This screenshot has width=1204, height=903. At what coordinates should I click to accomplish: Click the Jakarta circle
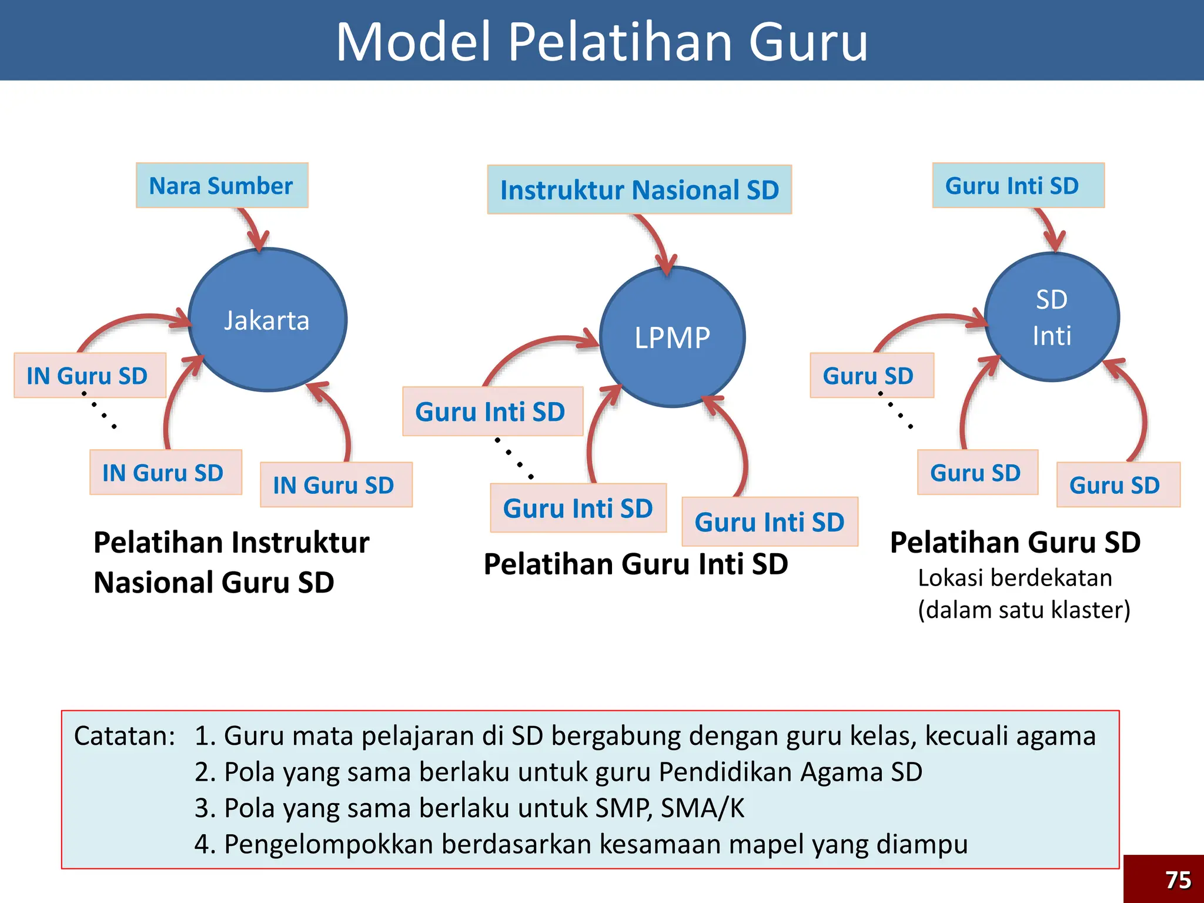point(267,320)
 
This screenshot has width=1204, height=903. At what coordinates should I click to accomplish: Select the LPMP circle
point(672,337)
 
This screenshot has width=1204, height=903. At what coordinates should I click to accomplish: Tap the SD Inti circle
point(1052,317)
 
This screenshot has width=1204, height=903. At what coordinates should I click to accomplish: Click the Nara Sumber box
point(222,186)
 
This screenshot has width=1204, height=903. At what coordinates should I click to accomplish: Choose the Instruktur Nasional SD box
point(640,190)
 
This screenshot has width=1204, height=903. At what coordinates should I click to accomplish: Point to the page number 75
point(1178,880)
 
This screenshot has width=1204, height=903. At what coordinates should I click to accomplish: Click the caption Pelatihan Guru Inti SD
point(636,564)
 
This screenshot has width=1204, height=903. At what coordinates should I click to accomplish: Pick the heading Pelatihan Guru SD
point(1015,542)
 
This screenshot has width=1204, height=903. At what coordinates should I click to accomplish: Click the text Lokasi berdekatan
point(1015,578)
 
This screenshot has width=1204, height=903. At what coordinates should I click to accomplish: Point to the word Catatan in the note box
point(125,736)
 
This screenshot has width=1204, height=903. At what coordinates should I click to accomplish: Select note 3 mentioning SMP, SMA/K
point(469,808)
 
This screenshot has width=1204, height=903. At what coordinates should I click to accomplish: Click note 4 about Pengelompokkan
point(581,844)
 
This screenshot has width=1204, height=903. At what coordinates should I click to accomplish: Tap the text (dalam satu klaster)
point(1024,610)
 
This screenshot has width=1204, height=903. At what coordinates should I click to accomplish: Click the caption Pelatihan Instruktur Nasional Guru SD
point(232,562)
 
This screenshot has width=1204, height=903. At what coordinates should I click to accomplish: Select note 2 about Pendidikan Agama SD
point(558,772)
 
